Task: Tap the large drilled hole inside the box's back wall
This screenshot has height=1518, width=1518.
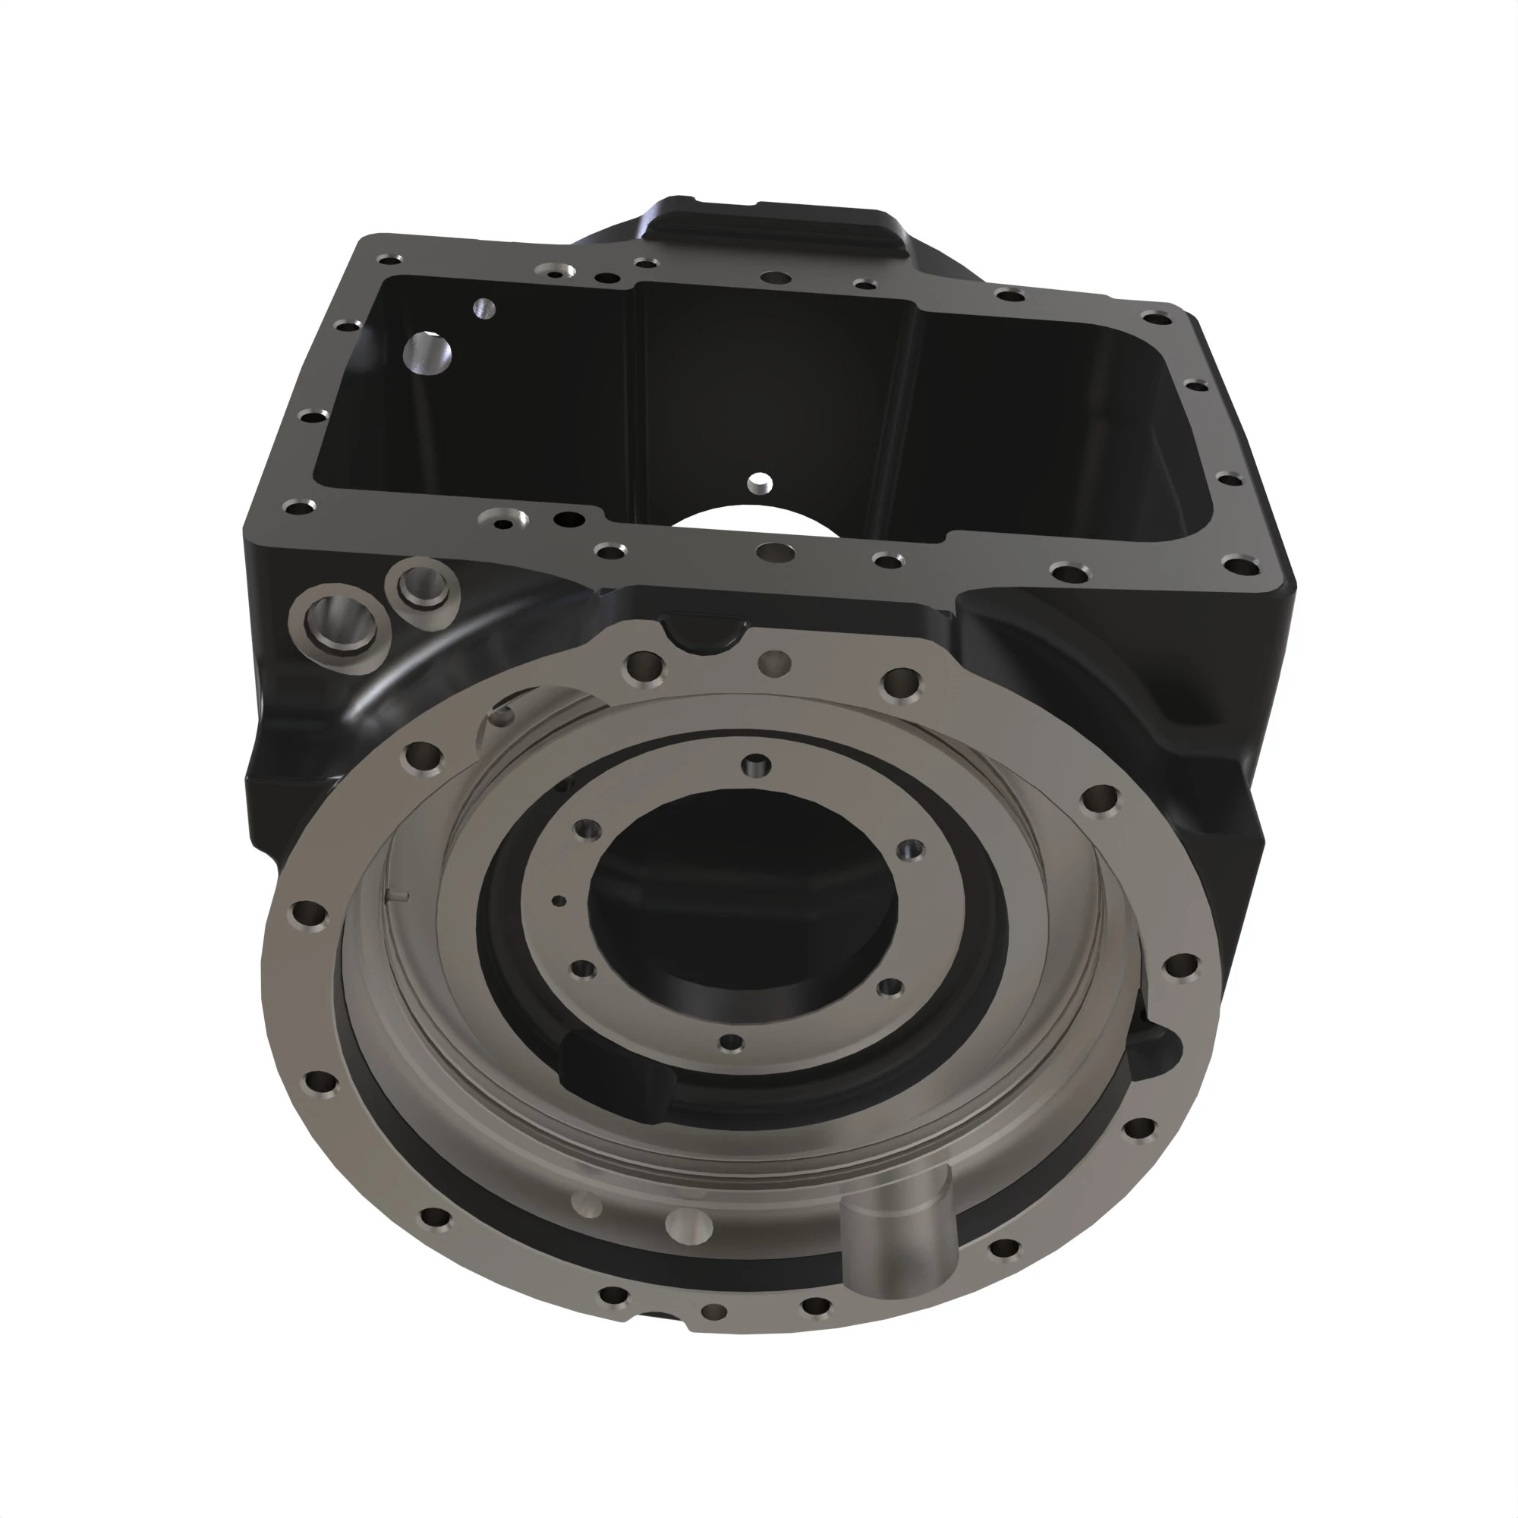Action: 427,353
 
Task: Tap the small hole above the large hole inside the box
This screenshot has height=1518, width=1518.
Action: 484,309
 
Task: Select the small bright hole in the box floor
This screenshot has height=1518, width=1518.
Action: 760,482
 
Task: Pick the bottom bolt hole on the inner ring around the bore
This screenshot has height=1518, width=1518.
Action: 731,1042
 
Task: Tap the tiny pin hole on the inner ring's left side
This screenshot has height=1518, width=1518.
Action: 558,901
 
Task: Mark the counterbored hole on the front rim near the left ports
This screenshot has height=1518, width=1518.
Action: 505,518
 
